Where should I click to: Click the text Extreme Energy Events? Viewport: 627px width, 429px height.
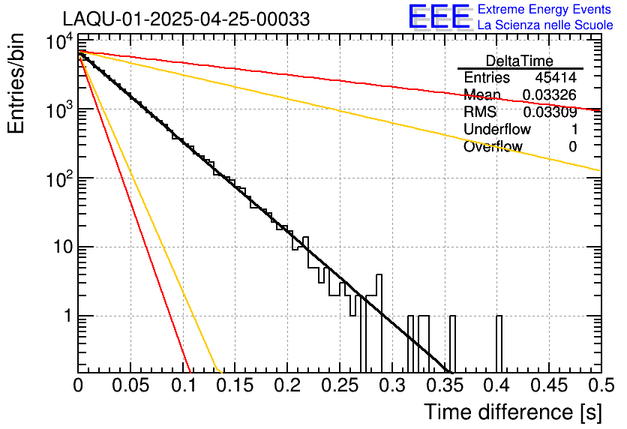(544, 10)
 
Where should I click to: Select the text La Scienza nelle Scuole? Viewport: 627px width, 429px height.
(545, 25)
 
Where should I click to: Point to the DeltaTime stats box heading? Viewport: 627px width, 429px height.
(520, 61)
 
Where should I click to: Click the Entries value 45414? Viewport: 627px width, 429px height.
(556, 78)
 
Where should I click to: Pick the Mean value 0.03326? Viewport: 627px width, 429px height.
(550, 95)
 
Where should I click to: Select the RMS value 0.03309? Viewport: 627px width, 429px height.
(550, 112)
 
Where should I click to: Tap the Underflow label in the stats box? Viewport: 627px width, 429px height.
(497, 130)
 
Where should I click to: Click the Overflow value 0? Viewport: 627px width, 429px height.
(573, 147)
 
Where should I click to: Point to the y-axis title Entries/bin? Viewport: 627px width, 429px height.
(16, 84)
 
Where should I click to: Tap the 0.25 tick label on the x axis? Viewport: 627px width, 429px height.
(340, 386)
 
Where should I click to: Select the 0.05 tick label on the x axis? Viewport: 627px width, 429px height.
(130, 386)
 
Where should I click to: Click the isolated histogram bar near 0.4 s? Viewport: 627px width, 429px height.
(499, 344)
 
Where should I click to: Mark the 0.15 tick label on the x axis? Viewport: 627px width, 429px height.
(235, 386)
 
